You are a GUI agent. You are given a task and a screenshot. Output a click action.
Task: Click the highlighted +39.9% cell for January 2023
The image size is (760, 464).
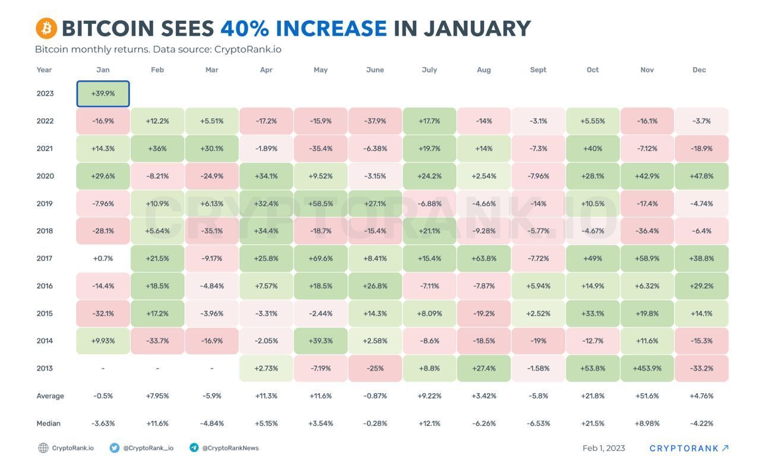[103, 94]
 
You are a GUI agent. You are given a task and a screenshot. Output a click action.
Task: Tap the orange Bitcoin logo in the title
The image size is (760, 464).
[46, 28]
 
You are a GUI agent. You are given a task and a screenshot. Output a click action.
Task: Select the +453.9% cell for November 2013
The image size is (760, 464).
[647, 368]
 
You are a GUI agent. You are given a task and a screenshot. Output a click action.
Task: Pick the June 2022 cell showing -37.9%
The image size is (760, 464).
[375, 121]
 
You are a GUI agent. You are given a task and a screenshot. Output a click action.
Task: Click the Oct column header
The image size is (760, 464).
[593, 70]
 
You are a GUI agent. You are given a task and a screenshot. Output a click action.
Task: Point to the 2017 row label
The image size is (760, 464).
[45, 258]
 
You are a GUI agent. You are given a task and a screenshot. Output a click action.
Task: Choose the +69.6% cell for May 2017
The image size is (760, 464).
[321, 258]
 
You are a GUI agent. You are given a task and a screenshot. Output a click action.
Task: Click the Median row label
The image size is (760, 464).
[48, 424]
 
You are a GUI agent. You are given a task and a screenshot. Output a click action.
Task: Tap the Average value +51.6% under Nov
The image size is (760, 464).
[647, 396]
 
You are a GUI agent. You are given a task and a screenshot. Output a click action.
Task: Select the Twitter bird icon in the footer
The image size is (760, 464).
[115, 448]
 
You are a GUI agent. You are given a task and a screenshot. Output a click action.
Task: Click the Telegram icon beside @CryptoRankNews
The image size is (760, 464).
[194, 448]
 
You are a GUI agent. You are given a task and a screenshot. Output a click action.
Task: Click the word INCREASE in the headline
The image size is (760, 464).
[331, 29]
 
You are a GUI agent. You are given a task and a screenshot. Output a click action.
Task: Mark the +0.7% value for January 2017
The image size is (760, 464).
[103, 258]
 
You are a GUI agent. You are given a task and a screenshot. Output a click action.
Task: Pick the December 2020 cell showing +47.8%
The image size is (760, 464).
[702, 176]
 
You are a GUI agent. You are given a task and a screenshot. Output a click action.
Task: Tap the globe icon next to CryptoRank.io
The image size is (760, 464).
[43, 448]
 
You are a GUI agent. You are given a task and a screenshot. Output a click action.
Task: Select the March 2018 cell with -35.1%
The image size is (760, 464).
[212, 231]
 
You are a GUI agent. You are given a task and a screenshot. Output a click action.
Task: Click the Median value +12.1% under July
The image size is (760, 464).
[429, 424]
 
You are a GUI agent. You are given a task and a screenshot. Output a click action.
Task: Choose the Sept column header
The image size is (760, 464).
[538, 70]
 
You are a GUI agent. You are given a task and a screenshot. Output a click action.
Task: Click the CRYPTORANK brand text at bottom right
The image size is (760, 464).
[684, 448]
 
